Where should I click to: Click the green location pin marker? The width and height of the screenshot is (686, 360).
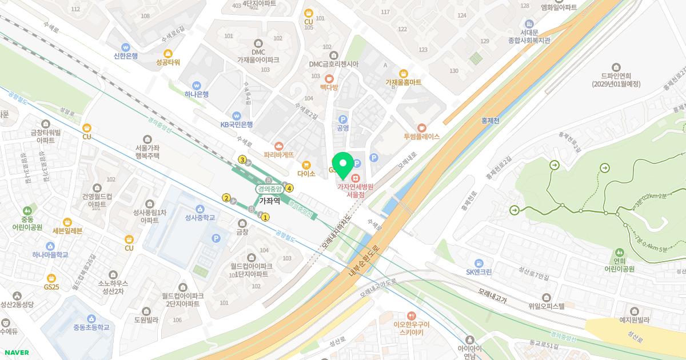343,165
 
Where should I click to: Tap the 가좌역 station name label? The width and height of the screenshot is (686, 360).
269,201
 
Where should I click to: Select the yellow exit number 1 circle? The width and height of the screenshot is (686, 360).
265,217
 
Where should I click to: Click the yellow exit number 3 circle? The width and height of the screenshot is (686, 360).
242,159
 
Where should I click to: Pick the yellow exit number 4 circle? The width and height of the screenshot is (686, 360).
290,188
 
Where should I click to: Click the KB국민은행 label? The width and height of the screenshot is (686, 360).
237,124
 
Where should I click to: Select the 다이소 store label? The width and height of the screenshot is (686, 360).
306,173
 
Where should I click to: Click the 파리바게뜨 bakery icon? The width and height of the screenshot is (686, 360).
279,146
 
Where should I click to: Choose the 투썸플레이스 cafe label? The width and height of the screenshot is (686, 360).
422,137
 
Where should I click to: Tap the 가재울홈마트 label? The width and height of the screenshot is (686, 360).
403,82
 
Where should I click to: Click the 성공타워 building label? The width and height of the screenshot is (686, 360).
168,62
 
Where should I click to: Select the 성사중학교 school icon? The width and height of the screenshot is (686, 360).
200,209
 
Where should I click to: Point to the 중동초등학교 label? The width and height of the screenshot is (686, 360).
91,327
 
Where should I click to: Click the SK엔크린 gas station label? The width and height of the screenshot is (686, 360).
478,271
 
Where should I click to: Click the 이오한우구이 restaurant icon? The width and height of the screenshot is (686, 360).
412,315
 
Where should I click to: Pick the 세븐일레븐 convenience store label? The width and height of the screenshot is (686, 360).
67,231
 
